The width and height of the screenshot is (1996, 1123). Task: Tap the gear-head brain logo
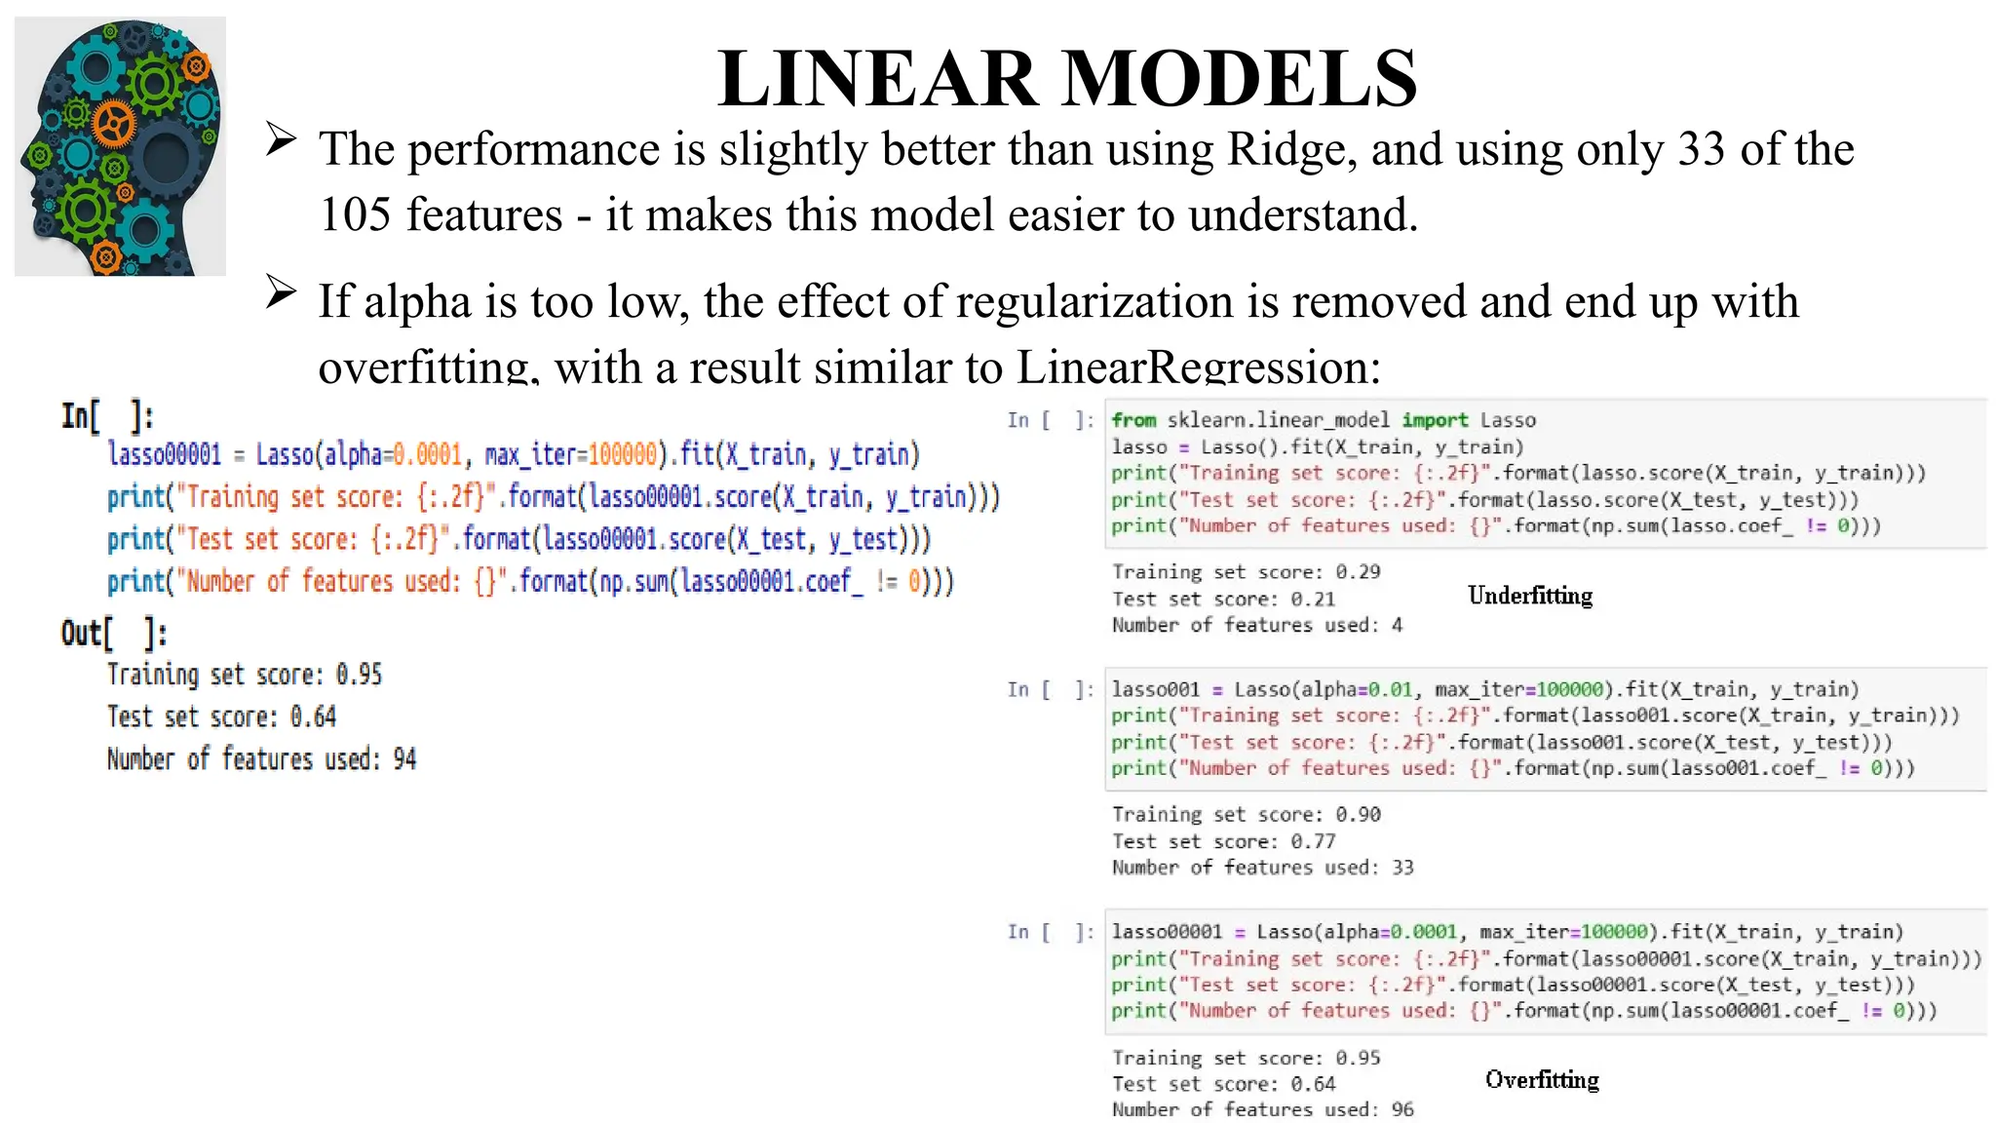pyautogui.click(x=120, y=146)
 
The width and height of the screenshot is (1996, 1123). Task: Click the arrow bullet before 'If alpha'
pyautogui.click(x=281, y=291)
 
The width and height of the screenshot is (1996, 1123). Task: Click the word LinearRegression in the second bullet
pyautogui.click(x=1198, y=368)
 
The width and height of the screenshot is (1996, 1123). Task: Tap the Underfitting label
pyautogui.click(x=1529, y=596)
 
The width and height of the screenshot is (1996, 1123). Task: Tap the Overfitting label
pyautogui.click(x=1542, y=1079)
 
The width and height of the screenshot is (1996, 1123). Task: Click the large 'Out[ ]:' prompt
pyautogui.click(x=113, y=634)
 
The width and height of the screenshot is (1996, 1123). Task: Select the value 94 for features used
pyautogui.click(x=404, y=759)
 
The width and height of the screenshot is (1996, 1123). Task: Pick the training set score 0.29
pyautogui.click(x=1358, y=572)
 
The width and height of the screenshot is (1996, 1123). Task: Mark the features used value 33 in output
pyautogui.click(x=1402, y=868)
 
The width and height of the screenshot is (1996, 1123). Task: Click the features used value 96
pyautogui.click(x=1402, y=1109)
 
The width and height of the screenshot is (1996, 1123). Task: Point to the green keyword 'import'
pyautogui.click(x=1435, y=420)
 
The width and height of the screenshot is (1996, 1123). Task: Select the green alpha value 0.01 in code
pyautogui.click(x=1390, y=690)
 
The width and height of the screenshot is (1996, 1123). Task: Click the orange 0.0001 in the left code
pyautogui.click(x=427, y=455)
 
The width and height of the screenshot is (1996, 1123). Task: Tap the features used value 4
pyautogui.click(x=1397, y=625)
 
